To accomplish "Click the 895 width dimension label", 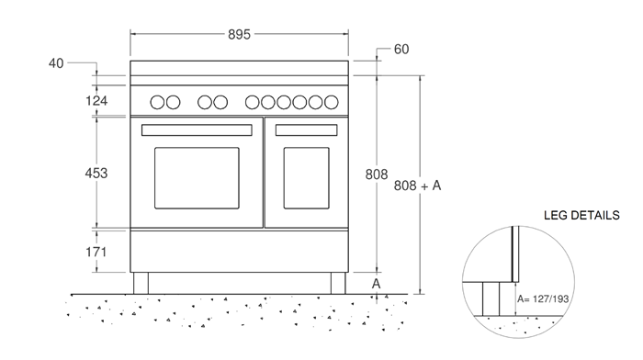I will (x=239, y=35).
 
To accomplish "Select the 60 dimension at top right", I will (x=400, y=49).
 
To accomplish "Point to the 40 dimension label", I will (x=57, y=63).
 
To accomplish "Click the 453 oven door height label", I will (x=96, y=173).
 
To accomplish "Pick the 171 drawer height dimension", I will (x=96, y=252).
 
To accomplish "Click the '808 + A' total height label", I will (x=418, y=186).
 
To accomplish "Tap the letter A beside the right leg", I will (x=376, y=284).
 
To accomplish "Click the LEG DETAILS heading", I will (x=581, y=215).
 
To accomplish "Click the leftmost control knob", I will (x=157, y=102).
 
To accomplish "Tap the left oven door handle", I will (x=197, y=129).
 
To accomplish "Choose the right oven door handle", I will (x=305, y=129).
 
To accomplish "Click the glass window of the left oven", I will (x=197, y=178).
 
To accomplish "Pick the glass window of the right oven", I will (x=305, y=178).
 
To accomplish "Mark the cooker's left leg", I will (x=141, y=283).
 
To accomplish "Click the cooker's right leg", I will (x=337, y=283).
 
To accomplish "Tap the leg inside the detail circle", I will (x=492, y=298).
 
